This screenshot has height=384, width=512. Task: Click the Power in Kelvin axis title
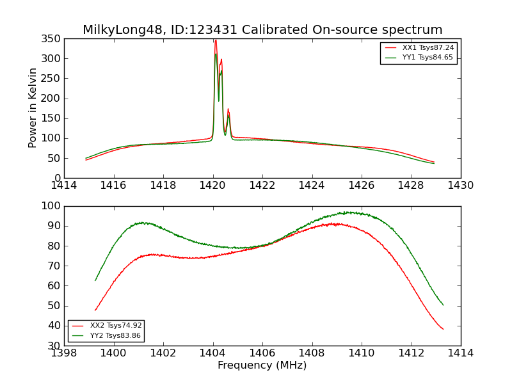(33, 108)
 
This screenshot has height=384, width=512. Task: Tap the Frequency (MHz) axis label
(262, 365)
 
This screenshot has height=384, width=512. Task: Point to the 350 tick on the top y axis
(52, 39)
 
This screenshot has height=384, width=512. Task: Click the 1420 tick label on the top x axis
(213, 186)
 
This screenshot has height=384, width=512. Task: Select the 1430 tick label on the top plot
(460, 186)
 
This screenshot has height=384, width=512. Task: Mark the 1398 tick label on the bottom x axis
(64, 353)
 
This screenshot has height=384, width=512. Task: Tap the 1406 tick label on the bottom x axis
(262, 353)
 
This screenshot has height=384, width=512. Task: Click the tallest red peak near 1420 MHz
(216, 40)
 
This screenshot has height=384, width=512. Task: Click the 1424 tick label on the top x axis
(312, 186)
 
